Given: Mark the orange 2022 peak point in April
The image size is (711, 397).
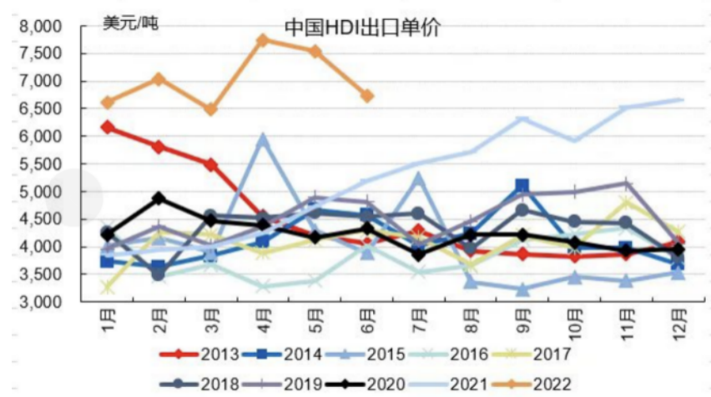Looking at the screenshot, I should click(263, 39).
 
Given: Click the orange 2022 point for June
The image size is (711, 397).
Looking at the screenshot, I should click(366, 96).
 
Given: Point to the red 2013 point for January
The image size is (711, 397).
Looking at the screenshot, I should click(108, 127).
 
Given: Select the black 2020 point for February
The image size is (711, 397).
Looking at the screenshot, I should click(159, 198).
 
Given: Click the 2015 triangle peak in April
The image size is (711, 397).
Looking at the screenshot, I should click(263, 139).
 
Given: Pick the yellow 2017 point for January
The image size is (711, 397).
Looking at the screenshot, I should click(108, 288).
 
